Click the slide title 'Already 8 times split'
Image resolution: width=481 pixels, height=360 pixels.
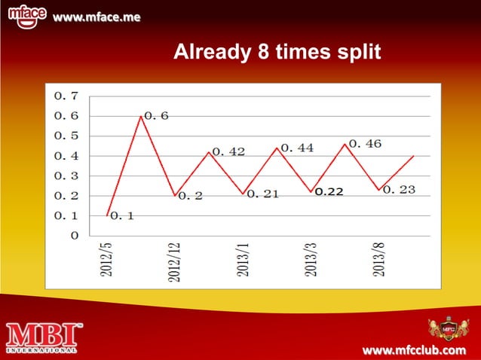click(x=277, y=53)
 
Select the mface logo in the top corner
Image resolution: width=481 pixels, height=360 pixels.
click(x=29, y=15)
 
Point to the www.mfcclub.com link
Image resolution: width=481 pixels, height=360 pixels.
click(x=415, y=351)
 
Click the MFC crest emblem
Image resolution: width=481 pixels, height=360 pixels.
click(x=448, y=330)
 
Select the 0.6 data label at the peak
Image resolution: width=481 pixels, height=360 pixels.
click(x=156, y=116)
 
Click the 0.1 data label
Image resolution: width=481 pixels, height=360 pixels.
click(x=123, y=216)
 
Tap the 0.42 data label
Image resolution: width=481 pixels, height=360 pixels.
click(x=228, y=151)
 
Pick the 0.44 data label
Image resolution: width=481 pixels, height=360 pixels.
click(x=297, y=148)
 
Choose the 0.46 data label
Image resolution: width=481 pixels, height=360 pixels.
click(x=365, y=143)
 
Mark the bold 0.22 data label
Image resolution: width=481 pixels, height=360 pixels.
click(x=329, y=192)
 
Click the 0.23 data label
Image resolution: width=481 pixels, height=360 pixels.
click(x=400, y=190)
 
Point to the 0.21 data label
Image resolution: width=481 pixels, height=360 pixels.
click(x=263, y=194)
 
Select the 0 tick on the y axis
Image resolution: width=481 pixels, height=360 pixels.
click(x=73, y=236)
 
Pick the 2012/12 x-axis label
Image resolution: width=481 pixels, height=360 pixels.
click(x=174, y=262)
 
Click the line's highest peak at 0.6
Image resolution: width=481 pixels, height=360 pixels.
click(x=141, y=116)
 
